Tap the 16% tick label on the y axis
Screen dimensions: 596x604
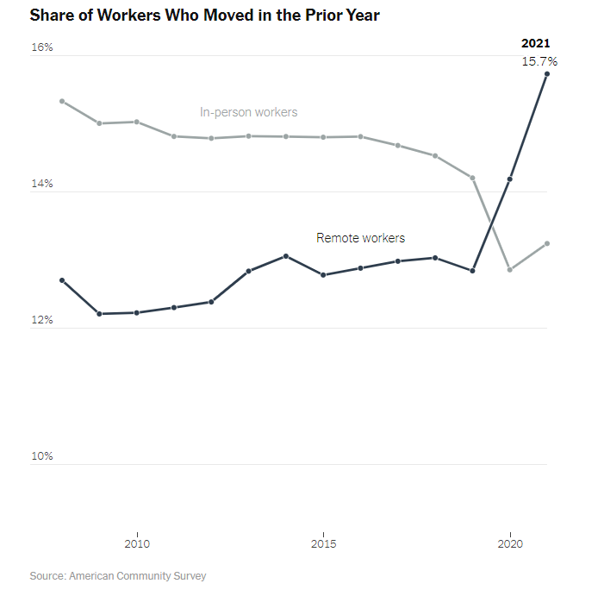click(42, 47)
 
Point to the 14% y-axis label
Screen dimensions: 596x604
click(42, 184)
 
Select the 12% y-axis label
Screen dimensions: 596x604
click(42, 320)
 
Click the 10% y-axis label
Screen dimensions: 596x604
click(42, 456)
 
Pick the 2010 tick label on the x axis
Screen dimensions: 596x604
click(136, 543)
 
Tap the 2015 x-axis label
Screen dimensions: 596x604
click(323, 543)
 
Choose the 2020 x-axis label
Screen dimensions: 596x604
click(510, 543)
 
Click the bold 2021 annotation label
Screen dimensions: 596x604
click(536, 43)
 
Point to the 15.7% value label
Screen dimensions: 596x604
click(539, 61)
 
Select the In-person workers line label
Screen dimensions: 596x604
click(248, 112)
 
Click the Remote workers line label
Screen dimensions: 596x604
click(360, 238)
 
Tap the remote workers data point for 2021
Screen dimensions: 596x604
click(547, 74)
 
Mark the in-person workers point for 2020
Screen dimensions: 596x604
click(510, 270)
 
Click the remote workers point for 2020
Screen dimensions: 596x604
click(510, 179)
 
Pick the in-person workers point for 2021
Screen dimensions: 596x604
click(547, 243)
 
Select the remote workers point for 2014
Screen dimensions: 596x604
click(285, 256)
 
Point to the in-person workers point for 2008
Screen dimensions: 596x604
click(62, 101)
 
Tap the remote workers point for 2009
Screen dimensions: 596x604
click(99, 314)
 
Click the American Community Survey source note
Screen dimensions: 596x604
click(118, 575)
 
